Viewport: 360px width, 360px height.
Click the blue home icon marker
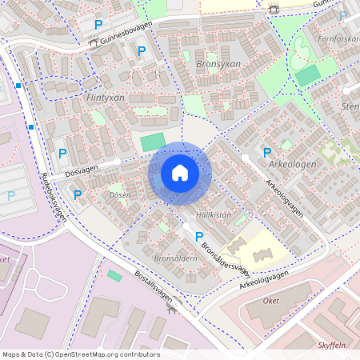pos(180,173)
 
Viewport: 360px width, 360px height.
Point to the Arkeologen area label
pos(294,164)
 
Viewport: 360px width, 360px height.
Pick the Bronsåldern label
pos(175,259)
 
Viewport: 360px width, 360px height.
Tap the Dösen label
pos(119,195)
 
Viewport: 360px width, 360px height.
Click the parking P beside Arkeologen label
pos(267,152)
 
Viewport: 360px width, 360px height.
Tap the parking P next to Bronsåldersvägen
pos(199,235)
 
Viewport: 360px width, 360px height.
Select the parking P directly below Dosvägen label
pos(78,194)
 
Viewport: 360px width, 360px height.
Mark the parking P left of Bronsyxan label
pos(142,51)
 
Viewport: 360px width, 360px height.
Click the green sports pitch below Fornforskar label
pos(308,75)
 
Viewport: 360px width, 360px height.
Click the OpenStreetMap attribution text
pos(81,354)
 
